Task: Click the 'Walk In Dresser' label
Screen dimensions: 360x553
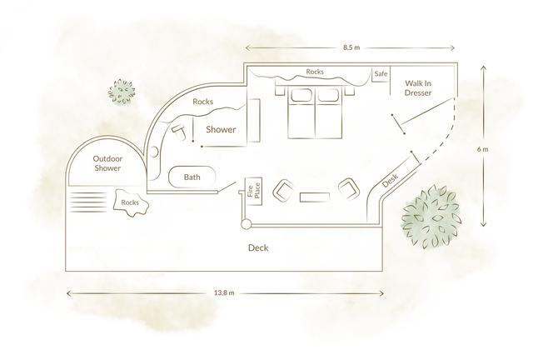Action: pos(418,89)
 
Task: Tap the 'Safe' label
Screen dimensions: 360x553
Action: pos(381,74)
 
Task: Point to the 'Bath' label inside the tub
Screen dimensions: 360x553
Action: pos(192,177)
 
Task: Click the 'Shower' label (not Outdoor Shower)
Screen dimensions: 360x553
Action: pos(222,130)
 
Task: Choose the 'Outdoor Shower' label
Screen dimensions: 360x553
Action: pos(107,163)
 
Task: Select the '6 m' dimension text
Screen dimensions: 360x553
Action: pos(484,149)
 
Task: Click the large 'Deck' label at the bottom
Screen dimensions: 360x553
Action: pos(259,248)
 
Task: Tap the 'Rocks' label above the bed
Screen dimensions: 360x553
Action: pos(315,72)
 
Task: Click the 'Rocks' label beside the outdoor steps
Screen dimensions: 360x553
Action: pos(129,202)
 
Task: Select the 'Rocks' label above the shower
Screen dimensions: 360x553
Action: pos(203,102)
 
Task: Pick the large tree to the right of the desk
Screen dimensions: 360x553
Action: pos(431,218)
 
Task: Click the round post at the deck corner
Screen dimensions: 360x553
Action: pos(244,225)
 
